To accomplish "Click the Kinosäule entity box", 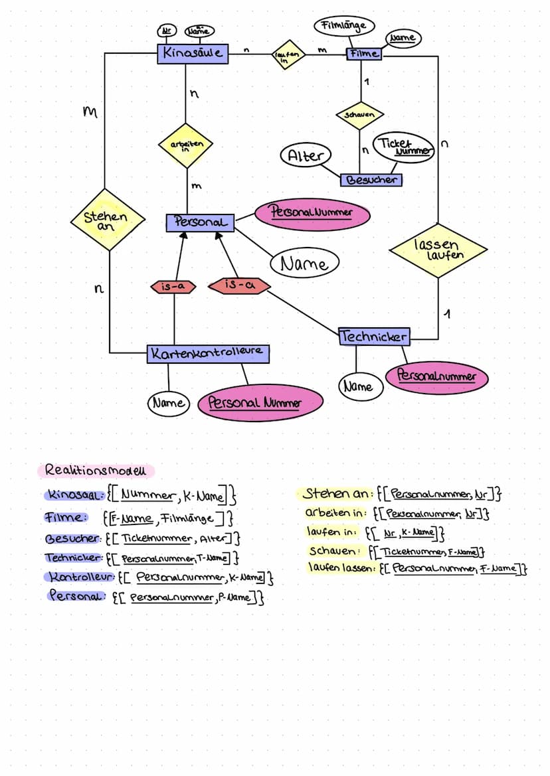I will tap(193, 53).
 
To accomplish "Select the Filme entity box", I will tap(364, 54).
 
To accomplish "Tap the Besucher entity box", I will tap(371, 179).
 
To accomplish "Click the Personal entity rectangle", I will tap(200, 222).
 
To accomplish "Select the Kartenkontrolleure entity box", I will tap(208, 353).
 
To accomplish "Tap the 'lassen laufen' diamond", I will tap(438, 250).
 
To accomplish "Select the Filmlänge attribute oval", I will tap(343, 26).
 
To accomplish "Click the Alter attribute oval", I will tap(306, 156).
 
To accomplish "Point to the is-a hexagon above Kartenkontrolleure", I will tap(174, 287).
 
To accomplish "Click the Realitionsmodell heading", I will tap(96, 470).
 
